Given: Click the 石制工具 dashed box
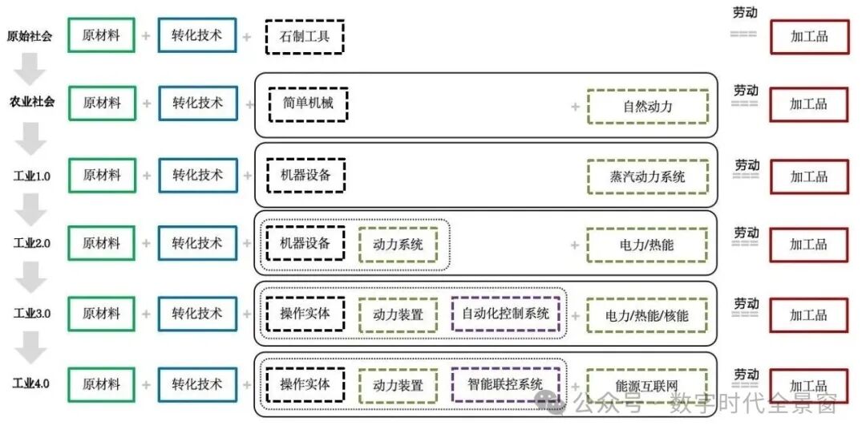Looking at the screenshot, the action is click(305, 37).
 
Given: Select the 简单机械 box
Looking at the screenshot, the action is click(308, 103).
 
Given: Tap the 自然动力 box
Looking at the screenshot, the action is click(647, 107).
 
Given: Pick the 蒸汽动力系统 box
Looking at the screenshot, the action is click(647, 176).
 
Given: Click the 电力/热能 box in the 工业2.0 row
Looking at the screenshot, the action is click(647, 245).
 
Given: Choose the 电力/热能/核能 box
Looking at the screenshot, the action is click(647, 315).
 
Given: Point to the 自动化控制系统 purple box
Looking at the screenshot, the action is click(505, 314).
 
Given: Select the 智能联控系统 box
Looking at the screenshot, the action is click(505, 384).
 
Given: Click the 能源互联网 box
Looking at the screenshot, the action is click(647, 386).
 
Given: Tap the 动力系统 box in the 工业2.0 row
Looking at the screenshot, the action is click(398, 245).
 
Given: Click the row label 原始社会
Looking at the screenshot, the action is click(30, 36).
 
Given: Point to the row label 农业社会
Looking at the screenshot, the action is click(31, 102).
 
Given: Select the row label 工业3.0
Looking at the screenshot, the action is click(32, 313).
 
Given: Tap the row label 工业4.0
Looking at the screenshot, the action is click(31, 383).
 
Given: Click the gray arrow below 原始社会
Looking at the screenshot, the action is click(30, 69).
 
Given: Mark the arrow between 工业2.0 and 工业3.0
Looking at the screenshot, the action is click(30, 278).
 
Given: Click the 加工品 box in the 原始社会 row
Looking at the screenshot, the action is click(809, 37).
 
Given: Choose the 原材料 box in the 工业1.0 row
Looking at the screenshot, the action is click(102, 176).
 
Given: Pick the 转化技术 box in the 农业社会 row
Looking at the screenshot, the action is click(198, 103).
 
